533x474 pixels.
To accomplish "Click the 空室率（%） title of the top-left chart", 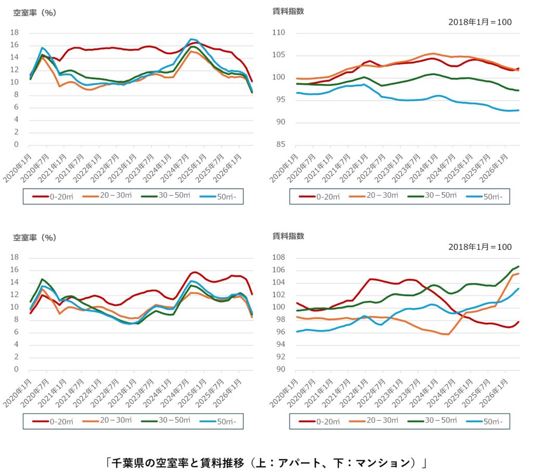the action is pyautogui.click(x=35, y=13).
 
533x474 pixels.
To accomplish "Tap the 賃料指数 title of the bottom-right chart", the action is pyautogui.click(x=288, y=236).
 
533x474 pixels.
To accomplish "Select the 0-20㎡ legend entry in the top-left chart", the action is pyautogui.click(x=53, y=197).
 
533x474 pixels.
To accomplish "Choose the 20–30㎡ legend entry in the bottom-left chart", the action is pyautogui.click(x=107, y=420).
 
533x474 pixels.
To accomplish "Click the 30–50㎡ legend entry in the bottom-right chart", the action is pyautogui.click(x=433, y=420).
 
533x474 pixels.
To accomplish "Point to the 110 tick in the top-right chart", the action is pyautogui.click(x=279, y=33).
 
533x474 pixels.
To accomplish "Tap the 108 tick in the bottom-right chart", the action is pyautogui.click(x=279, y=258).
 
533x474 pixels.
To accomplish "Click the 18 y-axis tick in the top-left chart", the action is pyautogui.click(x=15, y=33).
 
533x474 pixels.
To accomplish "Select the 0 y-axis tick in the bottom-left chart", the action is pyautogui.click(x=16, y=370).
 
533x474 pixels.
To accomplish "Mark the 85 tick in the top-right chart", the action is pyautogui.click(x=281, y=144).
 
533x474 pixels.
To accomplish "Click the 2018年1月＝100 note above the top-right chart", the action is pyautogui.click(x=480, y=22).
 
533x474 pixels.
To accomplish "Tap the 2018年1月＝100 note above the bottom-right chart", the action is pyautogui.click(x=480, y=247).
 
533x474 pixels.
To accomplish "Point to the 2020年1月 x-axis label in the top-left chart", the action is pyautogui.click(x=18, y=168).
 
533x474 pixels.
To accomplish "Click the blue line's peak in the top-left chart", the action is pyautogui.click(x=192, y=39).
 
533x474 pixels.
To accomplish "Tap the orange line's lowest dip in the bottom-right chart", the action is pyautogui.click(x=448, y=334).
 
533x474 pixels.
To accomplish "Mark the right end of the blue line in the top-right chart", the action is pyautogui.click(x=519, y=111).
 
